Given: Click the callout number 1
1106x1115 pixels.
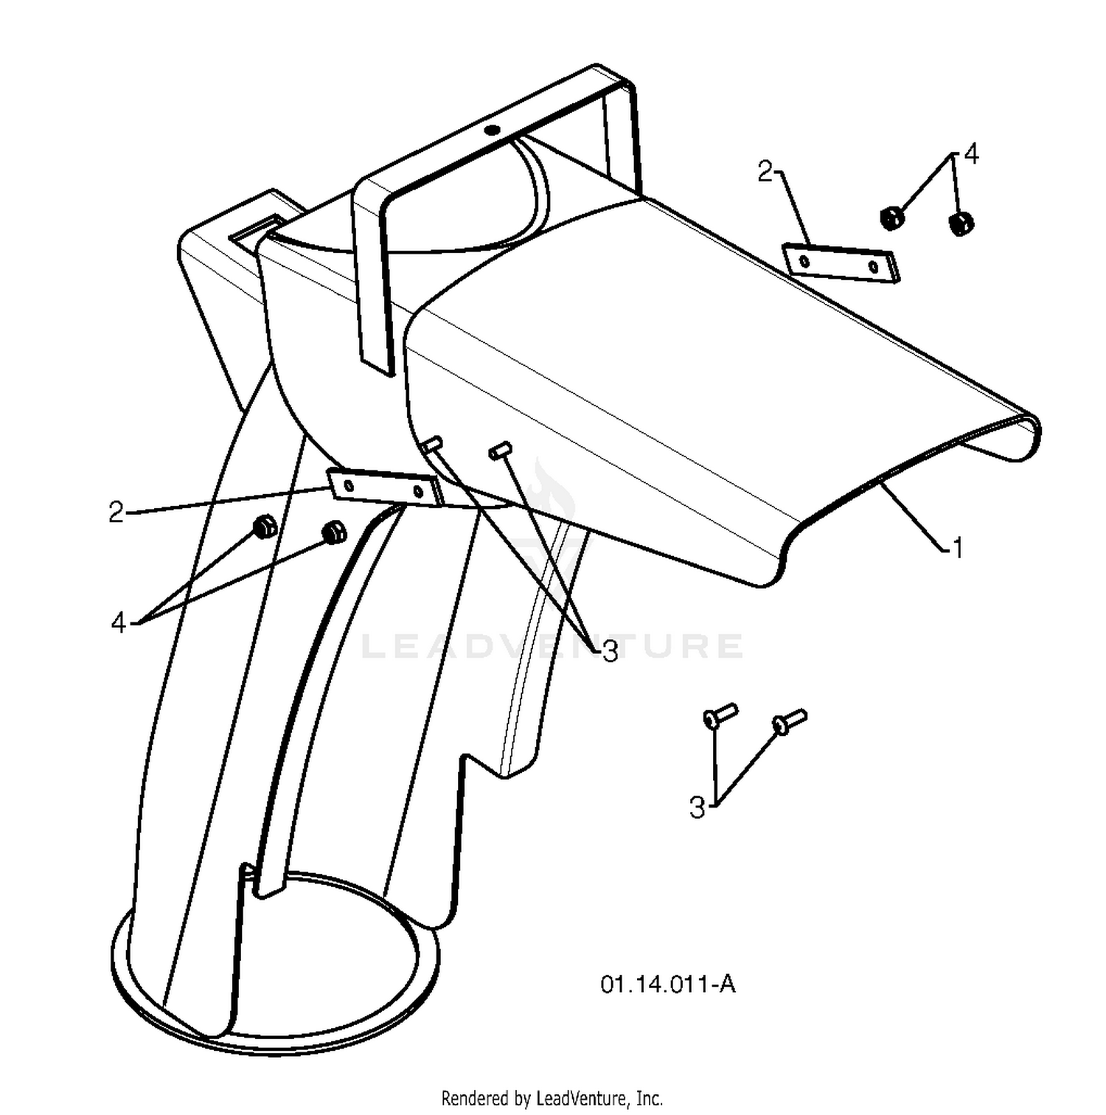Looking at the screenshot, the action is point(957,548).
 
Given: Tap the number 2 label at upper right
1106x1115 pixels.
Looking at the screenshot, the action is point(765,172).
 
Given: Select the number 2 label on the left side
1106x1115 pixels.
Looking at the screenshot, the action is point(116,512).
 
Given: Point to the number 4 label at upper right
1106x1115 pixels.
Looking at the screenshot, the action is point(971,154).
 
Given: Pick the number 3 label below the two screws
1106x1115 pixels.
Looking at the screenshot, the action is point(697,807).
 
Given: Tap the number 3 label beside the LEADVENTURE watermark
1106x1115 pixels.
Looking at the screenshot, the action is point(610,651).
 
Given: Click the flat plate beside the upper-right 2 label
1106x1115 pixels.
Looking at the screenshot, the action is point(841,263).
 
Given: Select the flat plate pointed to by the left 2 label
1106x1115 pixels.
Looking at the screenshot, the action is point(383,488).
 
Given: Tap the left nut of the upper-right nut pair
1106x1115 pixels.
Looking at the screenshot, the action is point(891,218).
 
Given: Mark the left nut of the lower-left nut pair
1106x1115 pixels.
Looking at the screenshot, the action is point(264,527).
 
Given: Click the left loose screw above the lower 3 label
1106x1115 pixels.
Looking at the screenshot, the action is point(720,715).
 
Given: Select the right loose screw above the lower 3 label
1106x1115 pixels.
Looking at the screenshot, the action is point(789,721).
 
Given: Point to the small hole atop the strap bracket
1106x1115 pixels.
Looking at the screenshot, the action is point(492,131).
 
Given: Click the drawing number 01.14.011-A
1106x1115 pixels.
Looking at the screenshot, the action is point(668,984).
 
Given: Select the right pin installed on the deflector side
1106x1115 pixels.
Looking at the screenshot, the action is point(501,450).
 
